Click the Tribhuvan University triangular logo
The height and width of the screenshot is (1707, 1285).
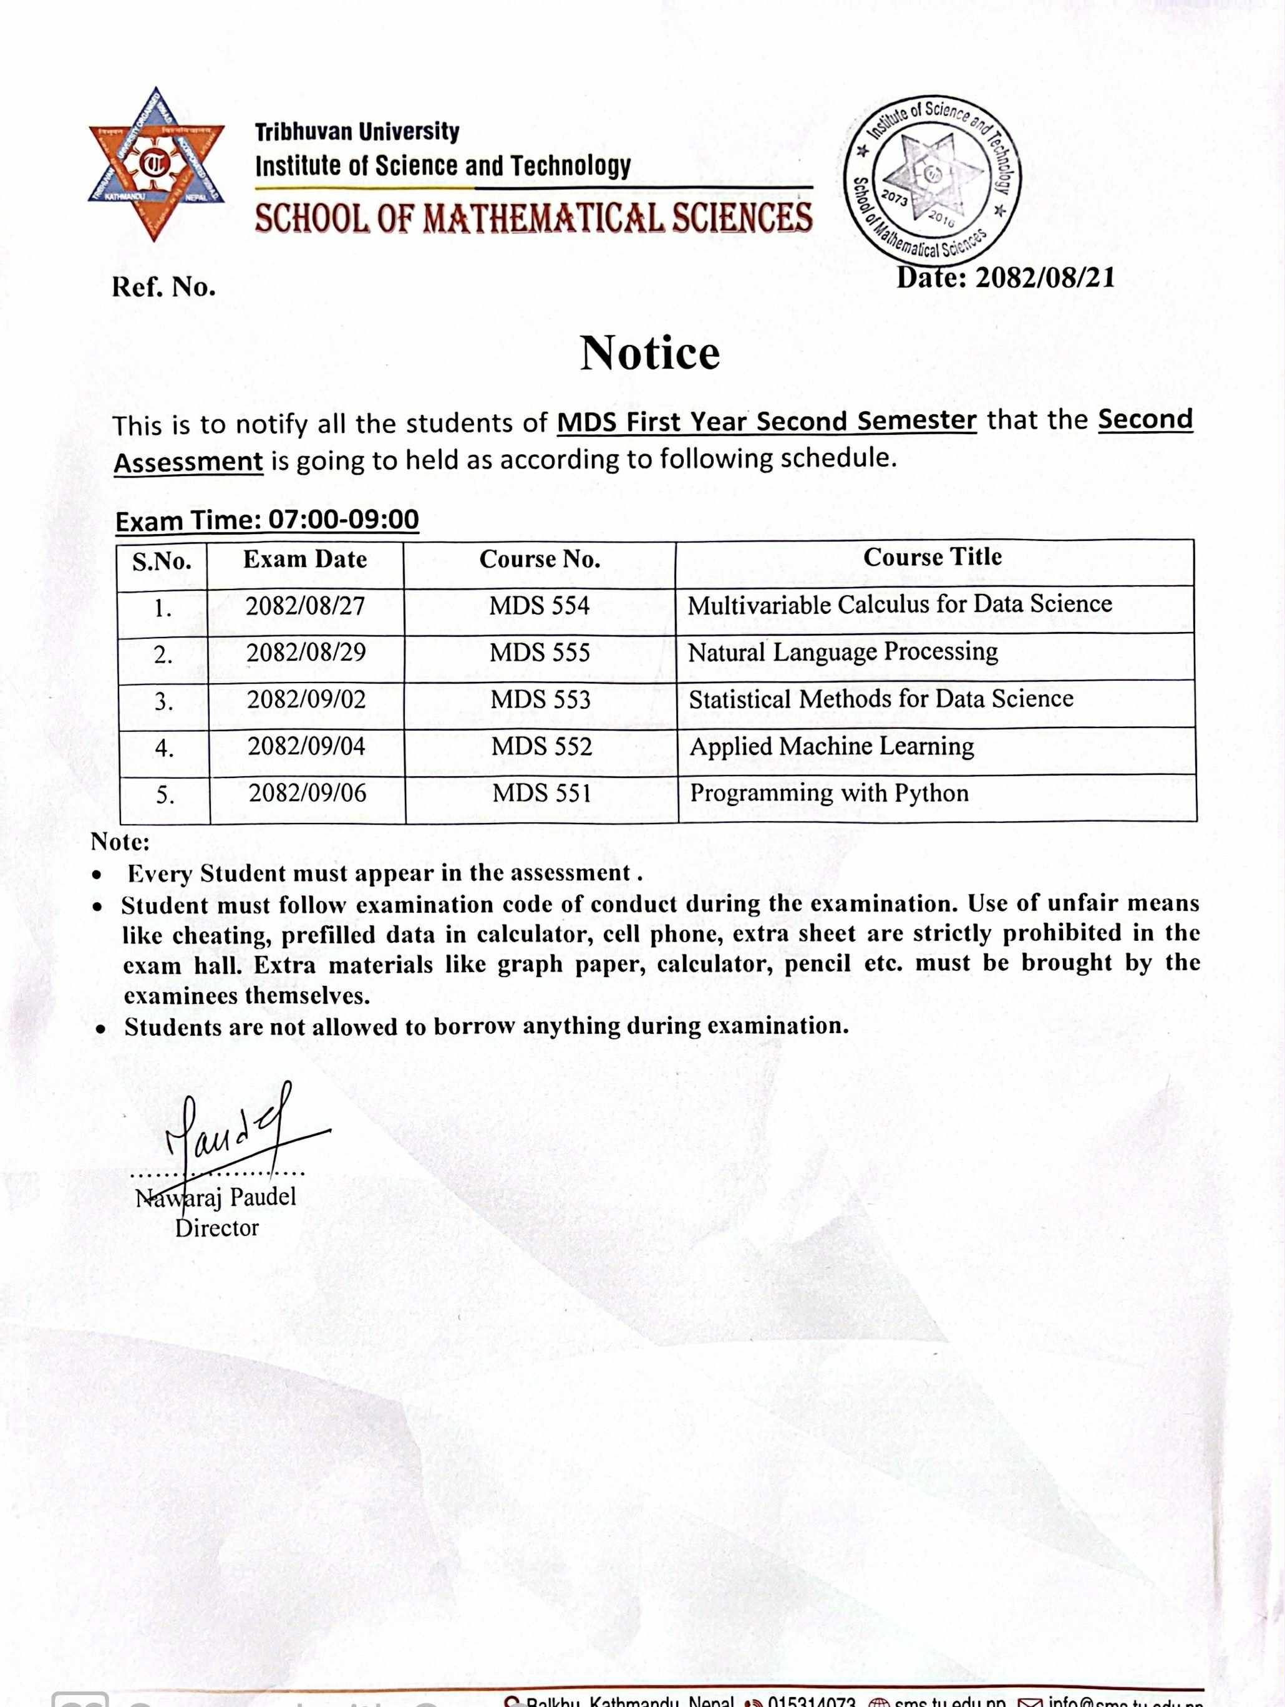156,163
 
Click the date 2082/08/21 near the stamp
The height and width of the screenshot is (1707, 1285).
1005,278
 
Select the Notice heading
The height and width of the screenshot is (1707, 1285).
650,353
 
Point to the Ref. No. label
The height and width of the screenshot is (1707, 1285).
163,288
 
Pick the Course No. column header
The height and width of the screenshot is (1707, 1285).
540,560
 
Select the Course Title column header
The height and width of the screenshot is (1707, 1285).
933,557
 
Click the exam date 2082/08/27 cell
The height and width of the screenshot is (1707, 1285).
305,606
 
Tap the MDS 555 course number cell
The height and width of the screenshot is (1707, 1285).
540,653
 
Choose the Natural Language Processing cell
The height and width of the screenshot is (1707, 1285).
843,653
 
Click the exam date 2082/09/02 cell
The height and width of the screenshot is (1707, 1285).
306,700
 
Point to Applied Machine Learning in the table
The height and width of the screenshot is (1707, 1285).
832,747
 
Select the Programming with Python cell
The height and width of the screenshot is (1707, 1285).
829,794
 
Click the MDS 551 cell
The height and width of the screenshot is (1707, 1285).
542,794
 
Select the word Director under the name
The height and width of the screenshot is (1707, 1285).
217,1228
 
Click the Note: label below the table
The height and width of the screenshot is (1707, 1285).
120,842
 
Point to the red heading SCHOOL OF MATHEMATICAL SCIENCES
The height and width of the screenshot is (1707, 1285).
533,218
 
